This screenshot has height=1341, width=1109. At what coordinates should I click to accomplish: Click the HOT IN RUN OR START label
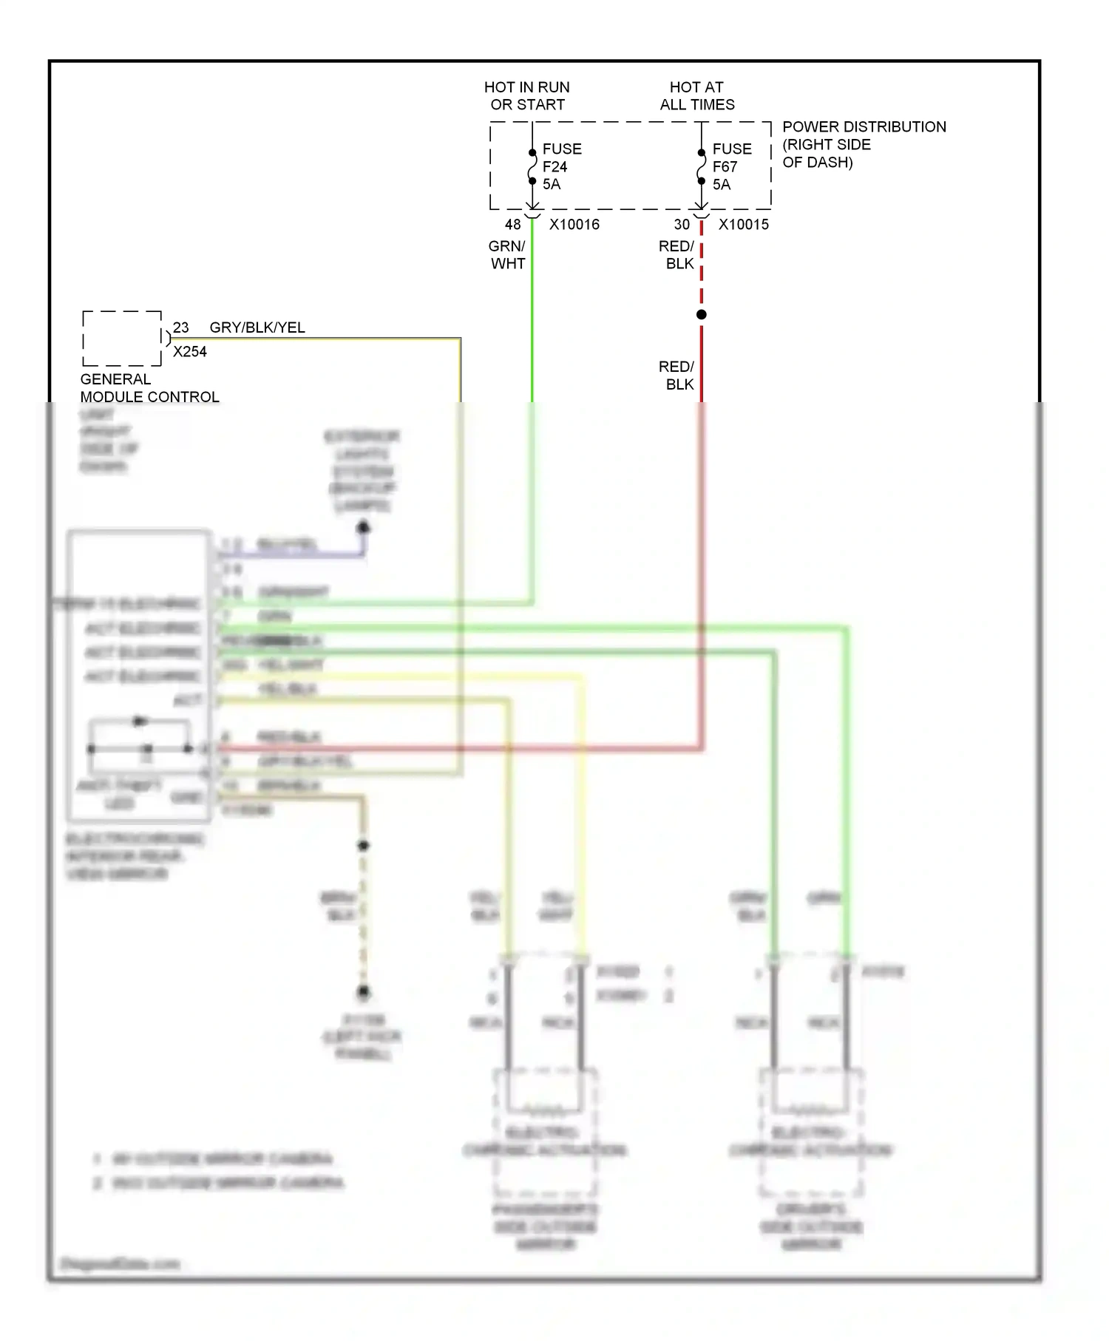(x=527, y=96)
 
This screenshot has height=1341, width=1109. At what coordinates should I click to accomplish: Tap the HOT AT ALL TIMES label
(x=697, y=96)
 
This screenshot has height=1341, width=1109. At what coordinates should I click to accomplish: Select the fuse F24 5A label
(x=561, y=166)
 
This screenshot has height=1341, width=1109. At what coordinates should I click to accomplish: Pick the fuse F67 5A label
(x=731, y=166)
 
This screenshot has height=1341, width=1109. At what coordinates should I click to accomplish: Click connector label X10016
(x=574, y=225)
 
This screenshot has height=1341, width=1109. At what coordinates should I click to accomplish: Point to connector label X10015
(x=743, y=225)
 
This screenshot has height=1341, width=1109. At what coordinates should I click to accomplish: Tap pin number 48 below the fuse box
(x=512, y=225)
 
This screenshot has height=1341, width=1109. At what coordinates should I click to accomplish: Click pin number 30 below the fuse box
(x=682, y=225)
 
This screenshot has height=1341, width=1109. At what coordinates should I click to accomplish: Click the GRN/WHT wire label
(x=508, y=255)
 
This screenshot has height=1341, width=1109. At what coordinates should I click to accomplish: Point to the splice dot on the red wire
(x=702, y=315)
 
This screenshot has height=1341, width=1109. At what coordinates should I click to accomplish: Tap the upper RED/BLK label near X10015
(x=677, y=255)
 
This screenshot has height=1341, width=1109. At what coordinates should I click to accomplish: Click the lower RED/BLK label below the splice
(x=677, y=376)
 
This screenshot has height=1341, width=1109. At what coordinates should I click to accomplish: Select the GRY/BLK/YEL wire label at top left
(x=257, y=327)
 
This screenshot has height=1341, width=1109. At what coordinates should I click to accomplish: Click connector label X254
(x=190, y=352)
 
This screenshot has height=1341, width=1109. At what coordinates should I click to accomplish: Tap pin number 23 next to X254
(x=181, y=327)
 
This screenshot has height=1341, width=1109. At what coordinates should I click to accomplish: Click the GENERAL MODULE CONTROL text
(x=149, y=388)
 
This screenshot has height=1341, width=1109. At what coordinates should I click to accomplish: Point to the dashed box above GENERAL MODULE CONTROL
(x=122, y=339)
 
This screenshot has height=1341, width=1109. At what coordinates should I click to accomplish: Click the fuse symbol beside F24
(x=532, y=168)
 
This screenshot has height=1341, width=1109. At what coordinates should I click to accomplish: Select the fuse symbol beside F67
(x=702, y=168)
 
